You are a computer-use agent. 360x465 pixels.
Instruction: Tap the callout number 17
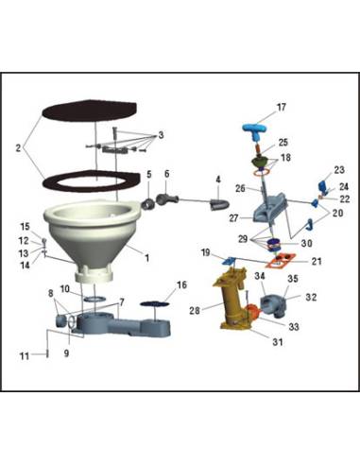click(x=281, y=107)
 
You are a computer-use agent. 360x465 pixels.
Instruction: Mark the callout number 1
click(x=146, y=255)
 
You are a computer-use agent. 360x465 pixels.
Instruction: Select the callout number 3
click(x=162, y=136)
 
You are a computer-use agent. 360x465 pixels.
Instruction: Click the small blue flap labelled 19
click(x=229, y=258)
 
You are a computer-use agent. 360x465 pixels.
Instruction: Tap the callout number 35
click(x=292, y=279)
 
